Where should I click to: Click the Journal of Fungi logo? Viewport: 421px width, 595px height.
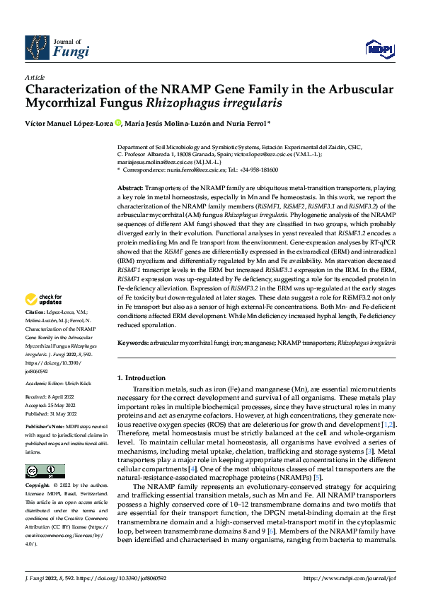pos(56,47)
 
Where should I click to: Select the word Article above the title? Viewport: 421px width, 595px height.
pos(35,77)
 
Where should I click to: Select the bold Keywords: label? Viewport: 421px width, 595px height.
pos(132,342)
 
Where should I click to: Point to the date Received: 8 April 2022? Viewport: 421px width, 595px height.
pos(52,398)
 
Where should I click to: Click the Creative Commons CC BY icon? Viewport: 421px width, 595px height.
pos(45,471)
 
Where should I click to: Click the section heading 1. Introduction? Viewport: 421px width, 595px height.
pos(142,378)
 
